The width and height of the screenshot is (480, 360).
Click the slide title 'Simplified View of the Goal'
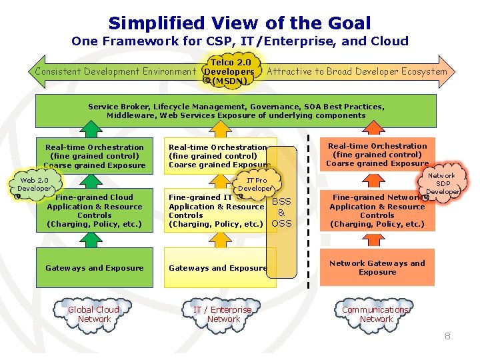tap(239, 23)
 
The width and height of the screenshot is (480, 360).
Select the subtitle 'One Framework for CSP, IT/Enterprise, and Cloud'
tap(239, 41)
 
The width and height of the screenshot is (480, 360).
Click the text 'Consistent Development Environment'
tap(115, 71)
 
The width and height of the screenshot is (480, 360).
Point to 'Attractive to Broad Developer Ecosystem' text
tap(357, 71)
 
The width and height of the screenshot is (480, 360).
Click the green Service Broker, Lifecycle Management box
tap(236, 111)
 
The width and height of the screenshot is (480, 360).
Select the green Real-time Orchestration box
tap(94, 155)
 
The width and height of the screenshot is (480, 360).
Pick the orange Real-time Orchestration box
tap(377, 155)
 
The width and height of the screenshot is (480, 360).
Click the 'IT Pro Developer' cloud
tap(256, 185)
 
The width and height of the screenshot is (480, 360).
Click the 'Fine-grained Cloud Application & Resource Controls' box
tap(94, 211)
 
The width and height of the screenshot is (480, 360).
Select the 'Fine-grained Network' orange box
tap(377, 211)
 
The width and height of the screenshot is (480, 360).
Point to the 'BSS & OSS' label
tap(281, 213)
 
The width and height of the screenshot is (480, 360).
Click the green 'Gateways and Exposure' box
tap(94, 268)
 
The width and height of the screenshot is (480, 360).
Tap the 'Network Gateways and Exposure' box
tap(377, 267)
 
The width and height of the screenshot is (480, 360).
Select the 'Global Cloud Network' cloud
tap(94, 315)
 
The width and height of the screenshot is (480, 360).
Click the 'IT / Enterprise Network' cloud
tap(223, 315)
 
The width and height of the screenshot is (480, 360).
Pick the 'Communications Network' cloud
tap(376, 315)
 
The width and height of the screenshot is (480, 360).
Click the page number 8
tap(447, 337)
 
